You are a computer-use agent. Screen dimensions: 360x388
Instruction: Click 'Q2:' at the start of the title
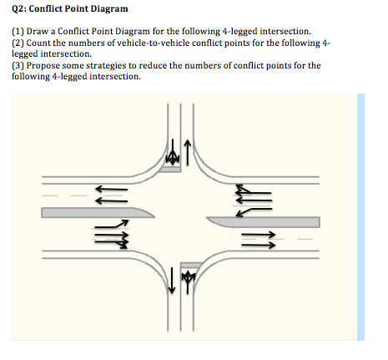coord(21,9)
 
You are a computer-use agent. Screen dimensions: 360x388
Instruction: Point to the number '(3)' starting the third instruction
coord(18,64)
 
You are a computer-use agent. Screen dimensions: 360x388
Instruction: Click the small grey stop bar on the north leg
coord(172,169)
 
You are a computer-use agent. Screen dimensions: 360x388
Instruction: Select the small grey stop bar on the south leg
coord(189,263)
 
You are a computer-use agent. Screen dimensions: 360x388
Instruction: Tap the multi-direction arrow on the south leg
coord(187,278)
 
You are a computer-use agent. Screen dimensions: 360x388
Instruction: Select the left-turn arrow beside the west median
coord(113,226)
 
